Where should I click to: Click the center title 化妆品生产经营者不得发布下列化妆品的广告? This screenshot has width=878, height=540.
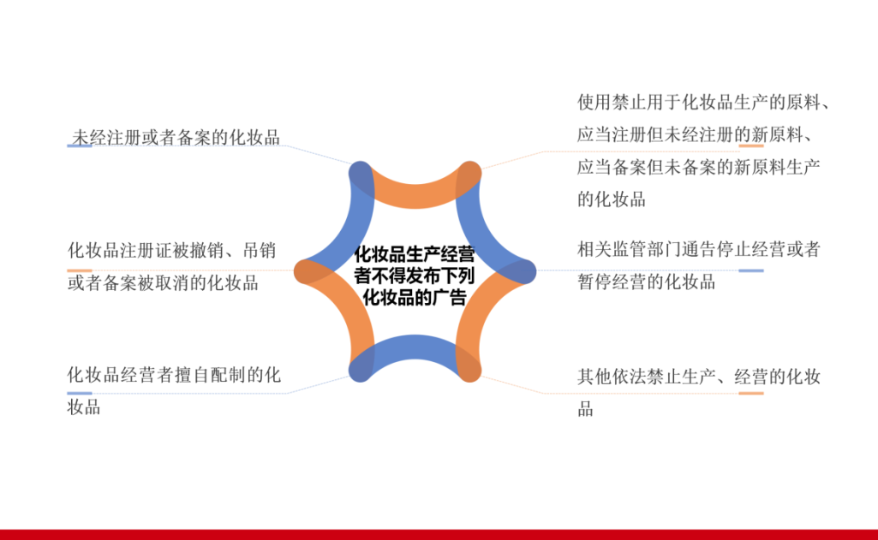[x=415, y=276]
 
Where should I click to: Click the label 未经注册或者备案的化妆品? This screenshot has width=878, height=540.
[x=176, y=137]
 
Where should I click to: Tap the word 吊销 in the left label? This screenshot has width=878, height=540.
[x=260, y=250]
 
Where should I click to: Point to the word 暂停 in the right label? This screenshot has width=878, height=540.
[x=594, y=282]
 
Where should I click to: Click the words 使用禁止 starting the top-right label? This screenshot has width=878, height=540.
[x=612, y=103]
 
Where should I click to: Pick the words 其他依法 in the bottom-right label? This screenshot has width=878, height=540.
[x=612, y=377]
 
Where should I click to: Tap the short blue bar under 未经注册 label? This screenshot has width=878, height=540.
[x=80, y=146]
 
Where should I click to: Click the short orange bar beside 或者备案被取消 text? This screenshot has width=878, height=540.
[x=80, y=270]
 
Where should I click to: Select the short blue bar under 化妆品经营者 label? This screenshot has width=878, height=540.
[x=80, y=394]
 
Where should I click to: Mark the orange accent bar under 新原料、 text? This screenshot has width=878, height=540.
[x=751, y=146]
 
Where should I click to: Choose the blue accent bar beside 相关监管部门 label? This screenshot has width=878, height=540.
[x=751, y=270]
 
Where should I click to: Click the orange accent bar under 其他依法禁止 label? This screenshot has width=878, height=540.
[x=751, y=394]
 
